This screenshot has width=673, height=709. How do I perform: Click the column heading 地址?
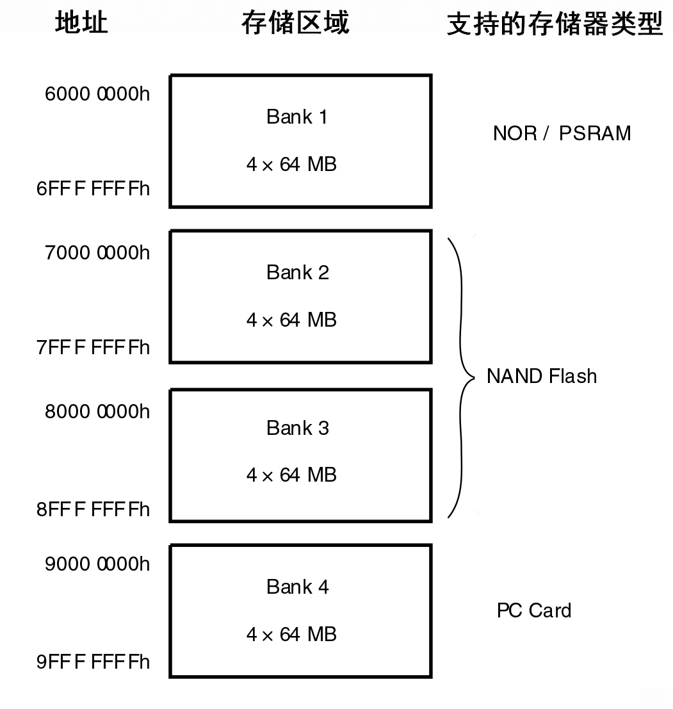pyautogui.click(x=81, y=24)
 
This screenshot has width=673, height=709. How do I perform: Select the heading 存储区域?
pyautogui.click(x=295, y=24)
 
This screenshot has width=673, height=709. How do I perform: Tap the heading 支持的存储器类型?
pyautogui.click(x=554, y=25)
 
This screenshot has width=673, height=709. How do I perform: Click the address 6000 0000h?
pyautogui.click(x=97, y=94)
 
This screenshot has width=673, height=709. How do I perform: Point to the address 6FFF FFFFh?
pyautogui.click(x=93, y=188)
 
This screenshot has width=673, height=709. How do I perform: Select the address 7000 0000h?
pyautogui.click(x=97, y=253)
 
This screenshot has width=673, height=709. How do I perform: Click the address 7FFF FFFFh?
pyautogui.click(x=93, y=347)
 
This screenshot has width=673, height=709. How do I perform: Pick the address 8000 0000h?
pyautogui.click(x=97, y=411)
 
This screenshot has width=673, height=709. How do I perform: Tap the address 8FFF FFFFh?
pyautogui.click(x=93, y=509)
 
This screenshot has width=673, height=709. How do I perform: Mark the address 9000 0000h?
pyautogui.click(x=97, y=564)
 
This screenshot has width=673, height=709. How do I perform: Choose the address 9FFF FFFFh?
pyautogui.click(x=93, y=662)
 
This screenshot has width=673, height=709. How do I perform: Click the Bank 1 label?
pyautogui.click(x=297, y=117)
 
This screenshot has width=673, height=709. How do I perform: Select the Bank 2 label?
pyautogui.click(x=297, y=272)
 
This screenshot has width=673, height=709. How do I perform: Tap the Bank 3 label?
pyautogui.click(x=297, y=428)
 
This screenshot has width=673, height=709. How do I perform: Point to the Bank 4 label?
pyautogui.click(x=297, y=587)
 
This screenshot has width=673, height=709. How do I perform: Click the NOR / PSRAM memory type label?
pyautogui.click(x=562, y=133)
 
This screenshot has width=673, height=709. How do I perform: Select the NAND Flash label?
pyautogui.click(x=541, y=376)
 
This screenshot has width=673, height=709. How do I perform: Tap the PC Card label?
pyautogui.click(x=533, y=610)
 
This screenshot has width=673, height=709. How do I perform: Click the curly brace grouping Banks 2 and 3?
pyautogui.click(x=460, y=377)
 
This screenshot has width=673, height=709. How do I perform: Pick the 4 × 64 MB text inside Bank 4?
pyautogui.click(x=291, y=634)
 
